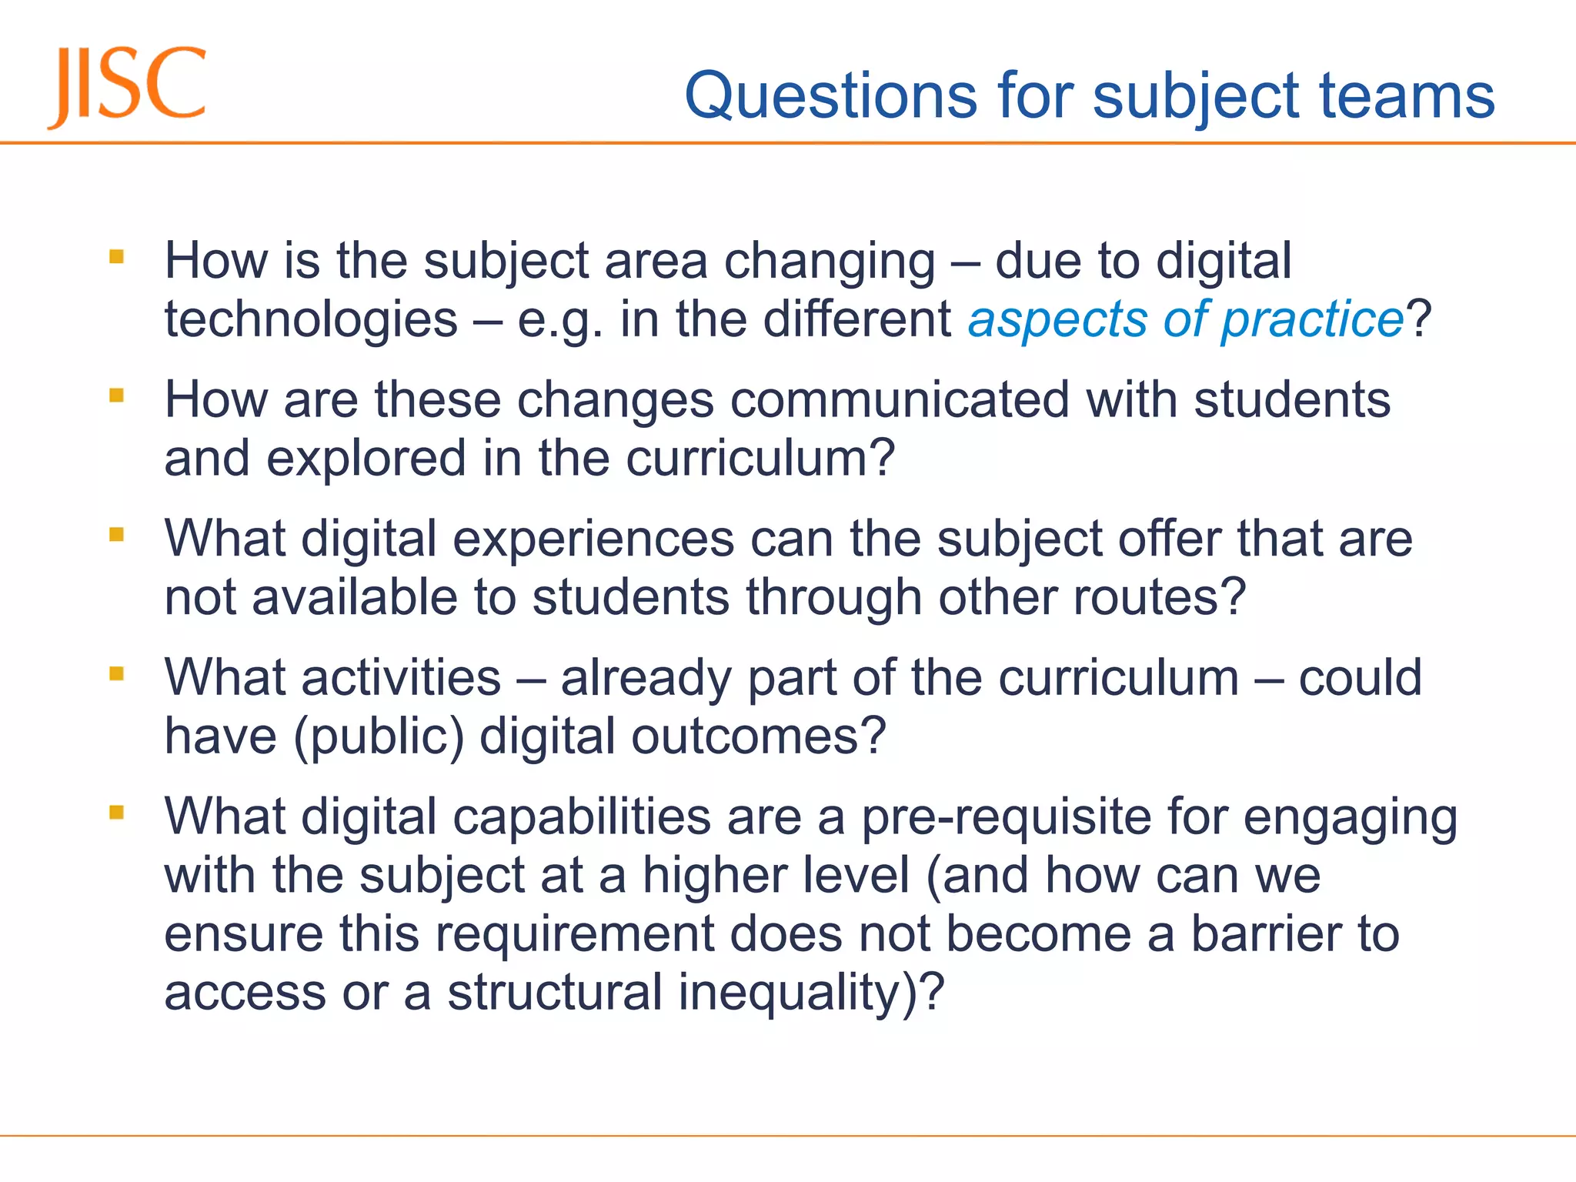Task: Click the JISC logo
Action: point(128,86)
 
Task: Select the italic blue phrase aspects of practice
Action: point(1186,319)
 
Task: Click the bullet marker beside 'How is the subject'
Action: point(117,256)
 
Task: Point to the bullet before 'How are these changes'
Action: point(117,396)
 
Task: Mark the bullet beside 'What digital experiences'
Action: point(117,534)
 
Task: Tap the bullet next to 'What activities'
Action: point(117,674)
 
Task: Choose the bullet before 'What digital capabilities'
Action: point(117,813)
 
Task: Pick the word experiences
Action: point(593,539)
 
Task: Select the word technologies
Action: point(311,319)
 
